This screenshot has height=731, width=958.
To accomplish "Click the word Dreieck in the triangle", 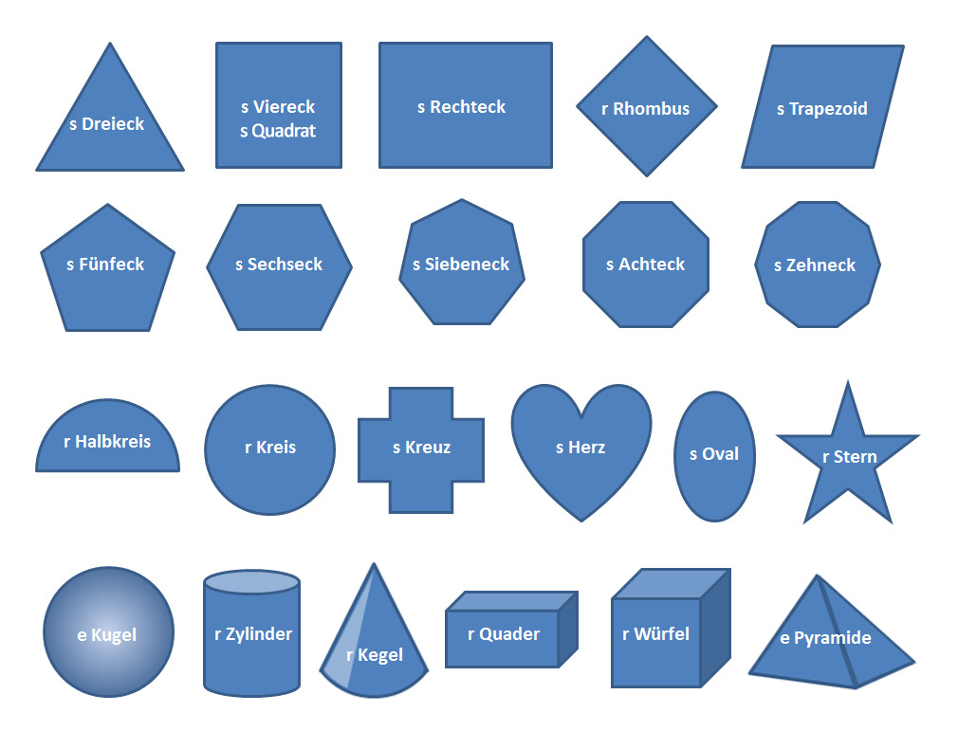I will [x=113, y=124].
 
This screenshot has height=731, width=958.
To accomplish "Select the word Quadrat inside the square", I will [x=284, y=132].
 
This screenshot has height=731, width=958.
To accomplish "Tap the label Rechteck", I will [x=468, y=107].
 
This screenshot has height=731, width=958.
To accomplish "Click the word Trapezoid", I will [x=828, y=109].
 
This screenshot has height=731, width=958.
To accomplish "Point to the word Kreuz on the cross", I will [x=428, y=448].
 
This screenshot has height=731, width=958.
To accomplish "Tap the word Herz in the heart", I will [x=587, y=448].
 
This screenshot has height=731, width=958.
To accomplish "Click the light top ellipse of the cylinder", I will [x=252, y=581].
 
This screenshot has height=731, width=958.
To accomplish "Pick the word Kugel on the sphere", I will [x=114, y=635].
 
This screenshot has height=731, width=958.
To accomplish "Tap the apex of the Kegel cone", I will [x=373, y=566].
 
